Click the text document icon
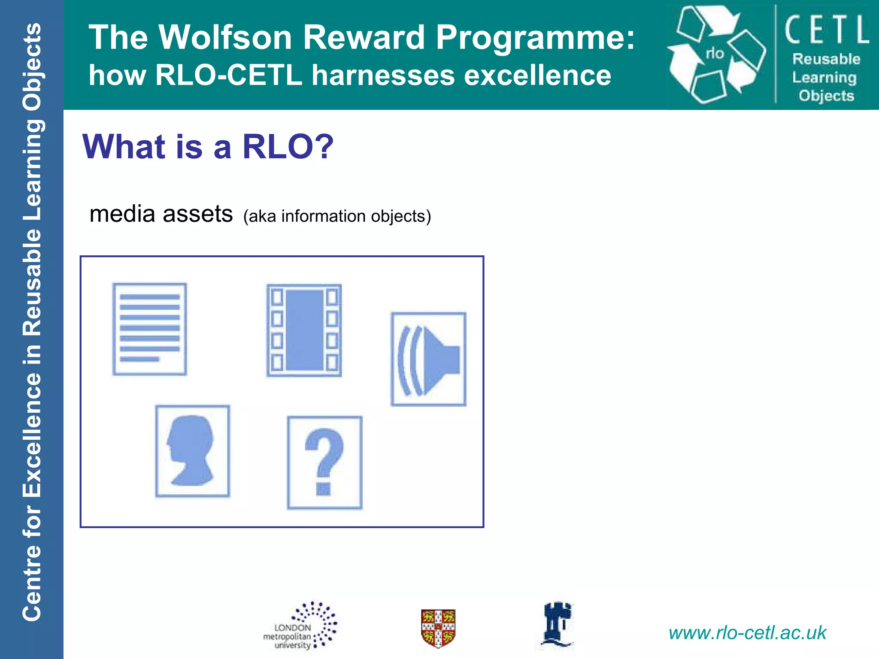point(149,329)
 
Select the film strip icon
point(304,330)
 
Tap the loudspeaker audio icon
point(428,359)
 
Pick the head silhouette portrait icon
point(192,451)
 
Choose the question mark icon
point(324,462)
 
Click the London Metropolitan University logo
point(300,626)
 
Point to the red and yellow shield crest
point(438,628)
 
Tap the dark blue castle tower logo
point(557,624)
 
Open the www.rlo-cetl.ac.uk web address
point(747,633)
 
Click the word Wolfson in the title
point(226,38)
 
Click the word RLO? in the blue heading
point(288,147)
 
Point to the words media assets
point(161,214)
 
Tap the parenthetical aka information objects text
point(337,216)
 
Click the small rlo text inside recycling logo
point(715,54)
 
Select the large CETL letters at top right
point(826,29)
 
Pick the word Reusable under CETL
point(826,59)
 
